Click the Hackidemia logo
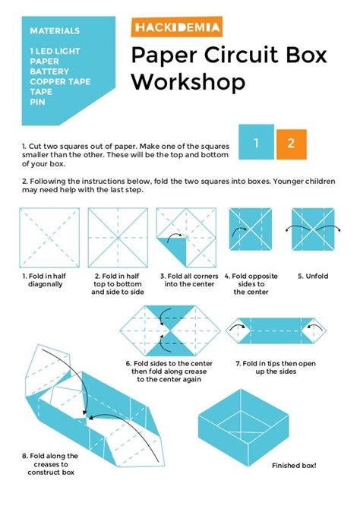[176, 29]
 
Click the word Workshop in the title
[188, 81]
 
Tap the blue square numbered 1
[257, 143]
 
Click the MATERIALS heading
[55, 31]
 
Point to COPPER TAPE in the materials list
[60, 81]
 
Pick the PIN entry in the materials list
[37, 100]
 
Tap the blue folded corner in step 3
[174, 248]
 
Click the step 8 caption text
[48, 464]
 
